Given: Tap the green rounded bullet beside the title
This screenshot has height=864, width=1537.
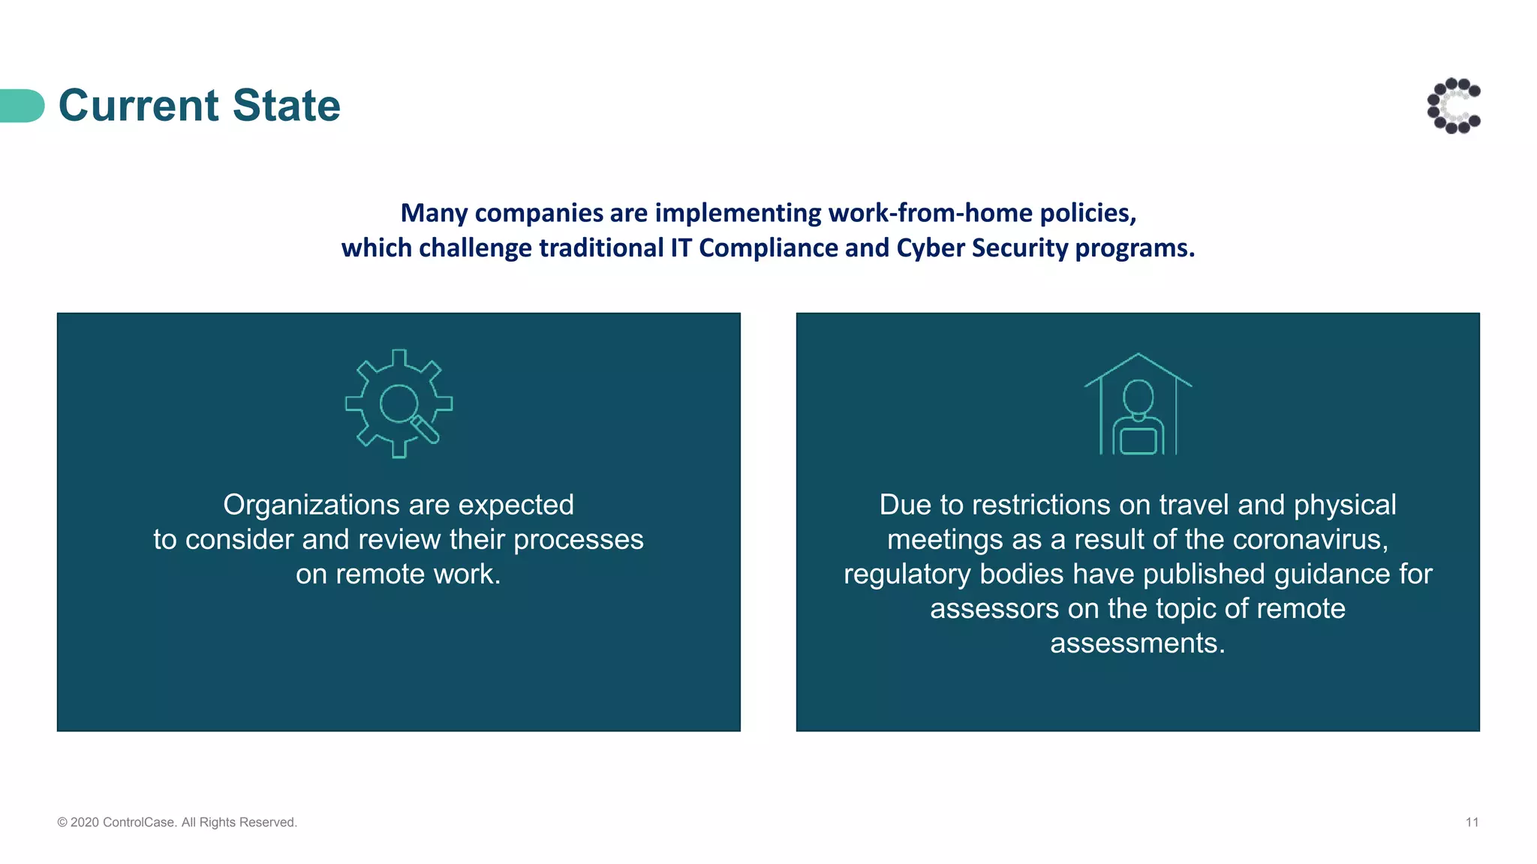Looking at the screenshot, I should coord(23,106).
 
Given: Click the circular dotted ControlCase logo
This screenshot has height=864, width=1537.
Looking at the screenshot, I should coord(1454,106).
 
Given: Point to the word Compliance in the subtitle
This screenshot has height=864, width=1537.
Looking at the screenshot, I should coord(768,248).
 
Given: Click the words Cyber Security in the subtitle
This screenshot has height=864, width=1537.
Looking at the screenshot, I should coord(982,248).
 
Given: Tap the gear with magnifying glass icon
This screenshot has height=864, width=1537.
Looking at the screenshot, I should coord(399,403).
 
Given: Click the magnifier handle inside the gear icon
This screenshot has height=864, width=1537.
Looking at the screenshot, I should coord(425,430).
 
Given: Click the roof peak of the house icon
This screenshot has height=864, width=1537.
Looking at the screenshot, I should coord(1138,355).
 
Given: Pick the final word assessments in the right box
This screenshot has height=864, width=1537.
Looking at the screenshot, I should coord(1136,643).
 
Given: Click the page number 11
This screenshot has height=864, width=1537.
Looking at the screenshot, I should coord(1472,823).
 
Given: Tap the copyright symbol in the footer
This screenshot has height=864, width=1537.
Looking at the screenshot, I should coord(62,823).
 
